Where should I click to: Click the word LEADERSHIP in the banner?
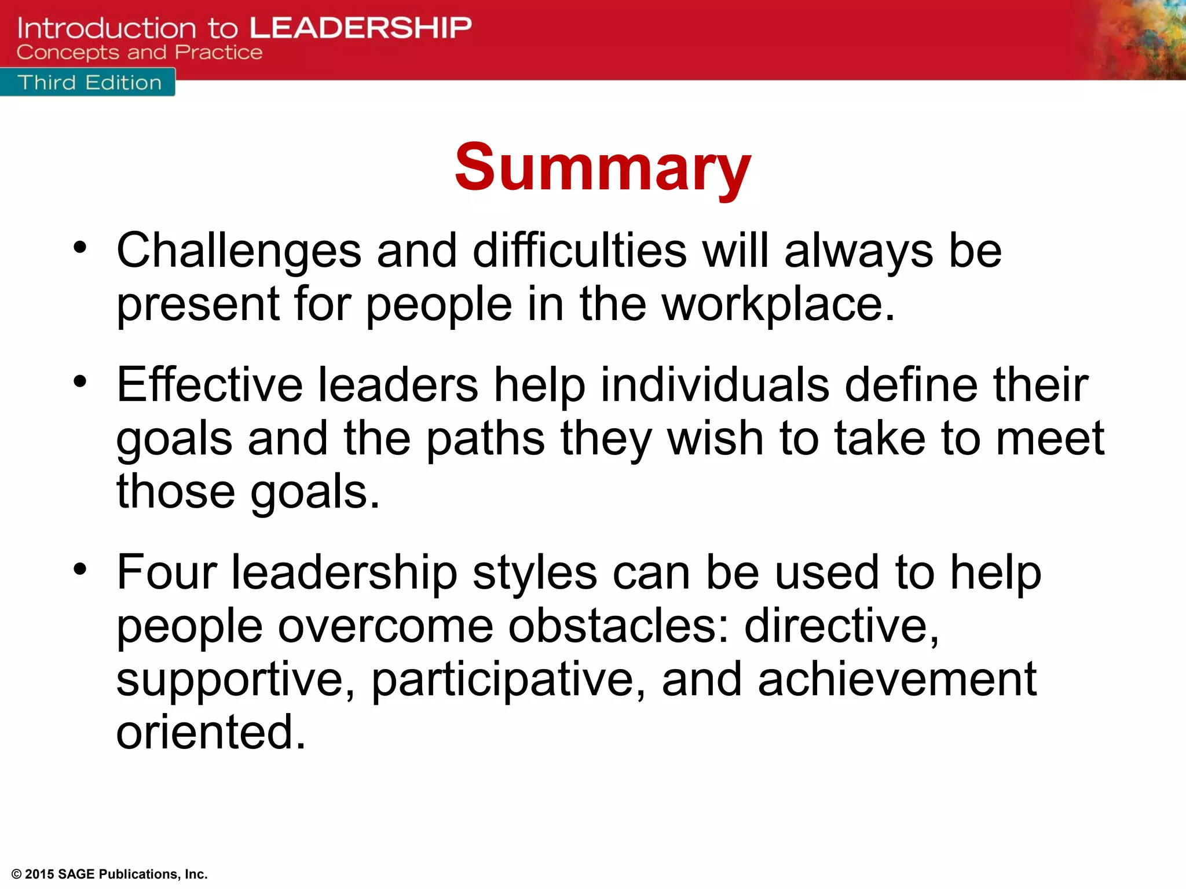point(360,28)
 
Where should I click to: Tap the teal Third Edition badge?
point(88,83)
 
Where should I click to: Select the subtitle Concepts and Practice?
point(139,53)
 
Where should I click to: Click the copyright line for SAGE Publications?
point(109,874)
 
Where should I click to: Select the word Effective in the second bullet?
point(210,385)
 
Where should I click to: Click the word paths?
point(485,439)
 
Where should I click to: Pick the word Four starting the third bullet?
point(167,573)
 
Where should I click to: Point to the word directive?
point(841,626)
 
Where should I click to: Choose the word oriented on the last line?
point(210,733)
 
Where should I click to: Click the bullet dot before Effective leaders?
point(80,381)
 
